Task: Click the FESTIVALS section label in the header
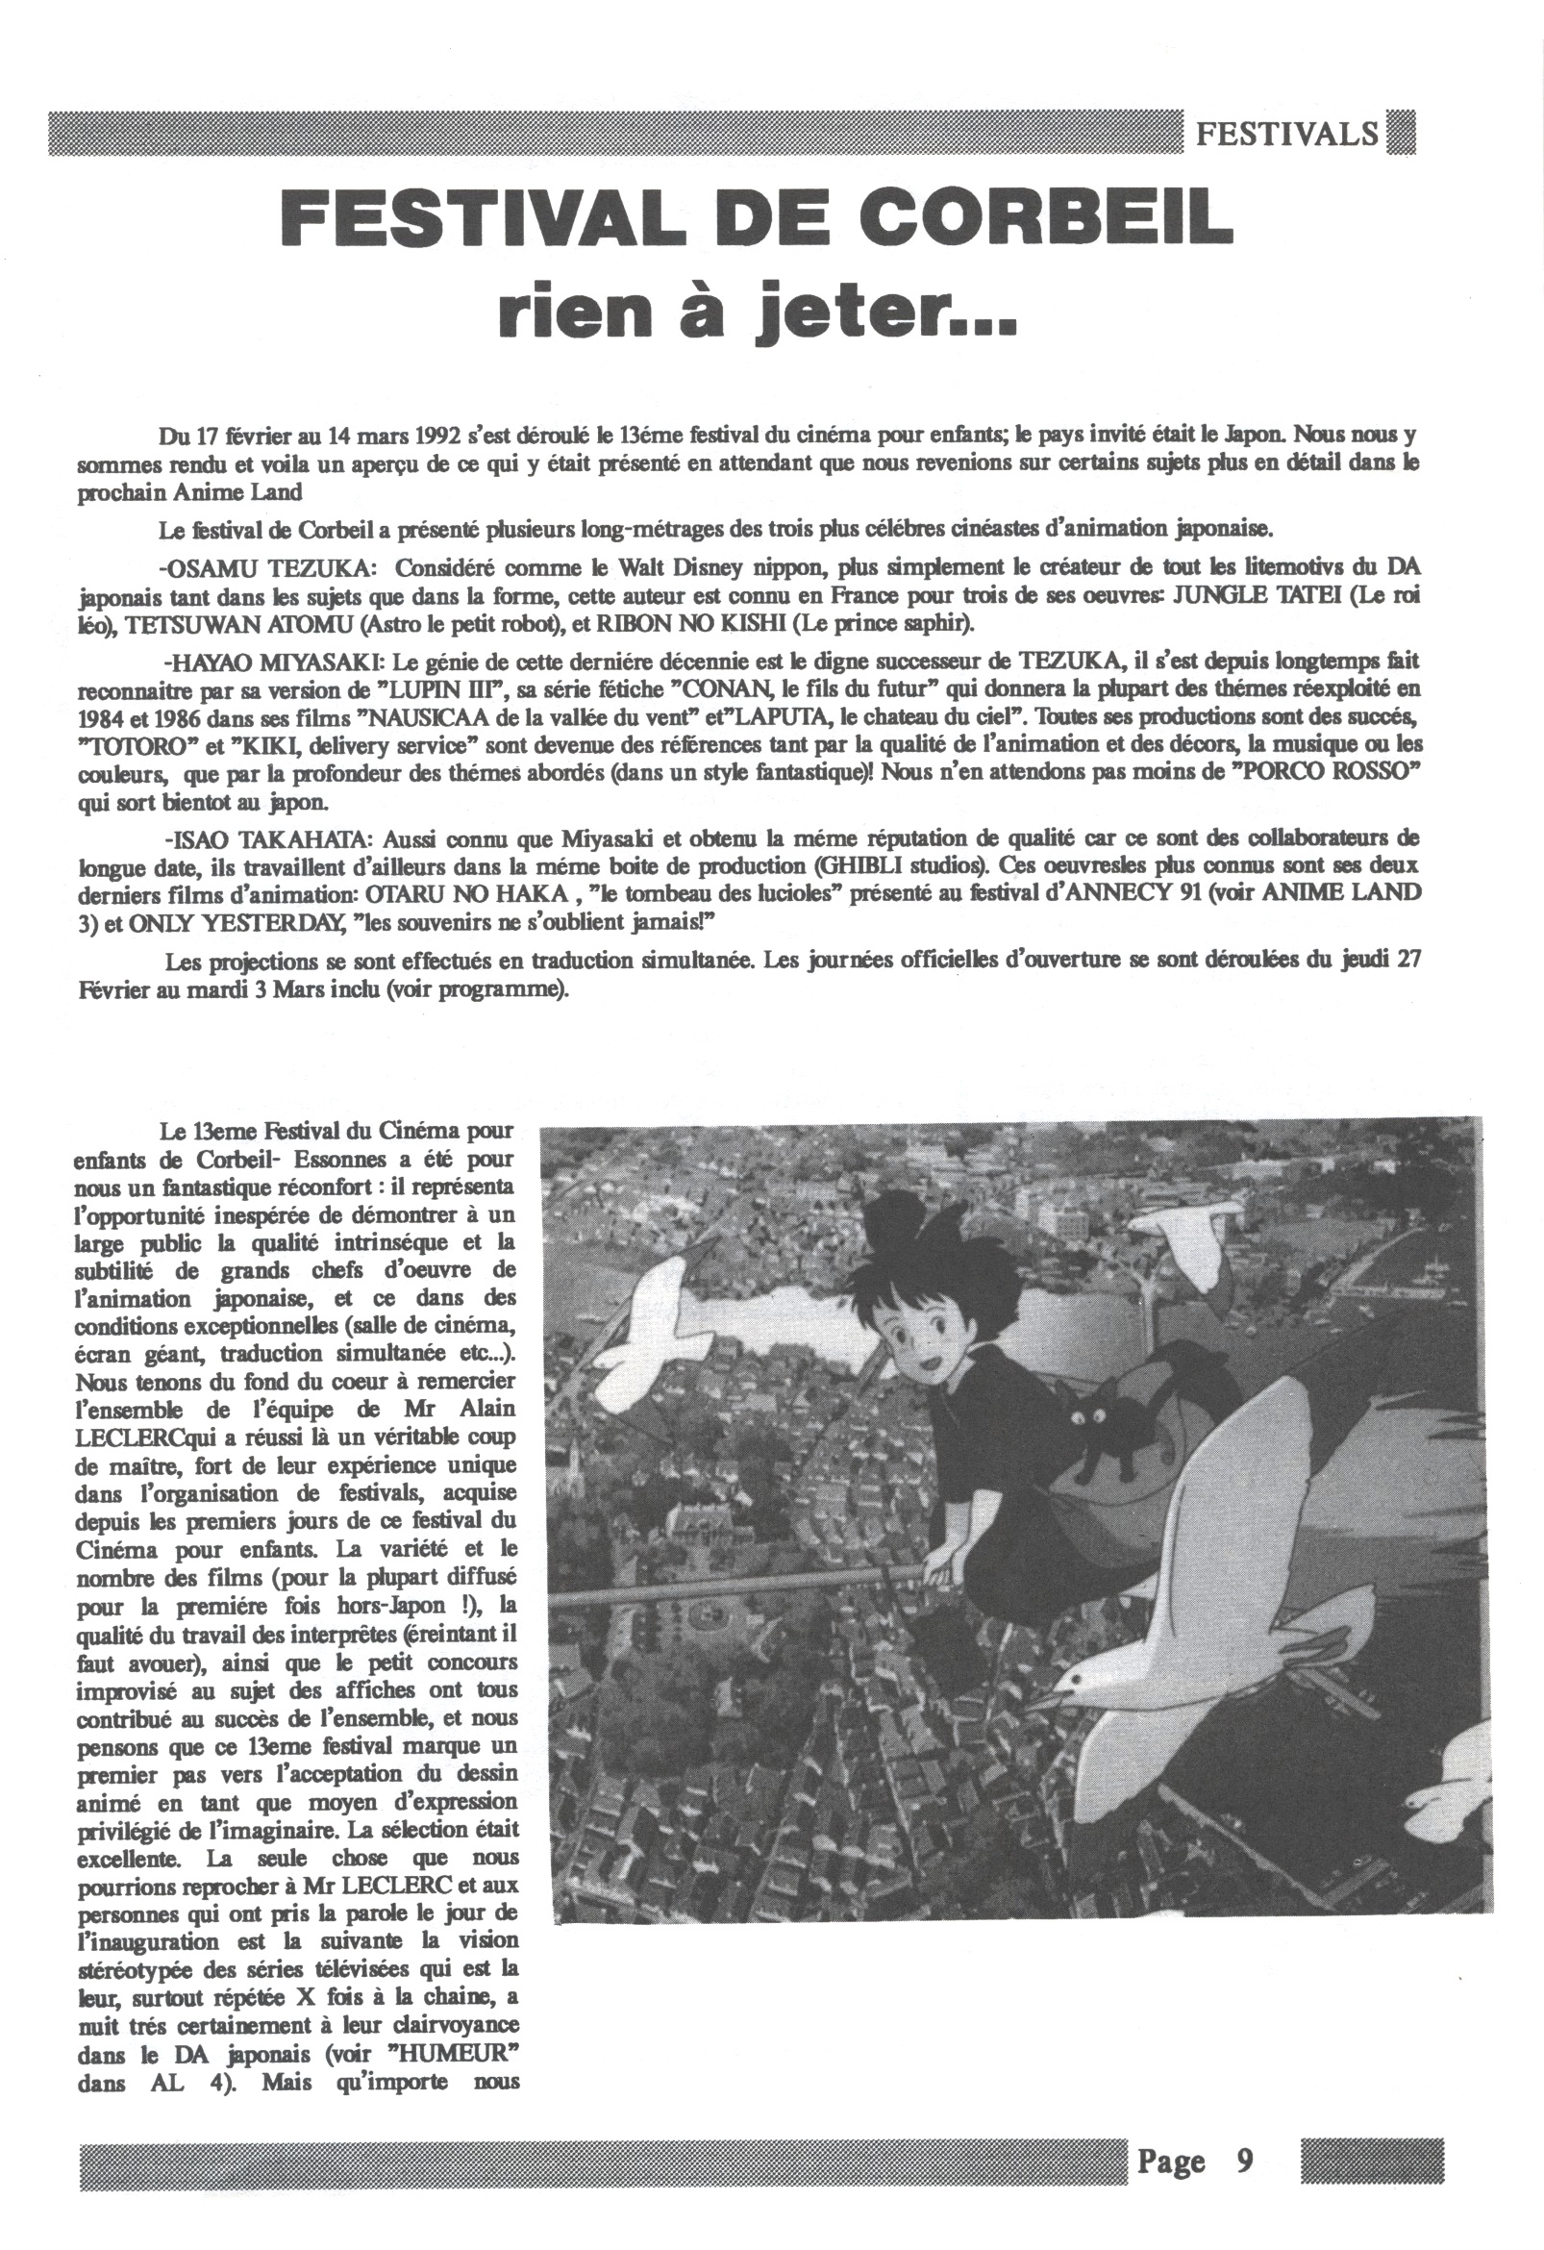1286,134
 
